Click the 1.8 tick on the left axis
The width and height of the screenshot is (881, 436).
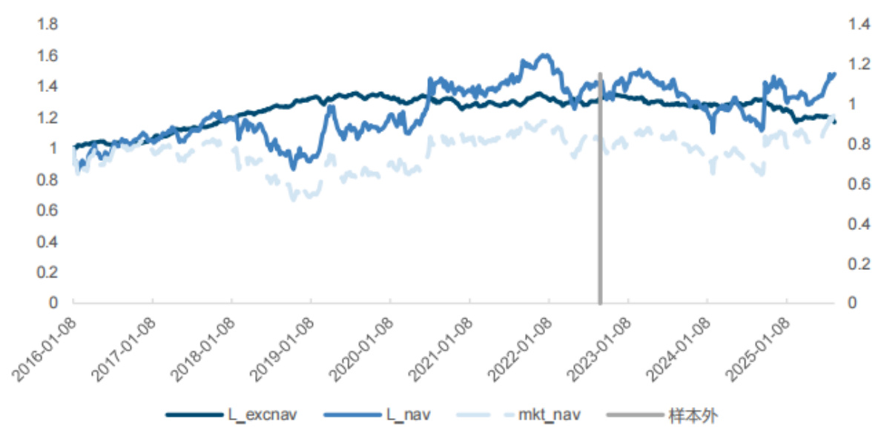pyautogui.click(x=47, y=24)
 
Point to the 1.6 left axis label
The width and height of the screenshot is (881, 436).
pyautogui.click(x=47, y=56)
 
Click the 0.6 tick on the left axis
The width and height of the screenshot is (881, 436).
pyautogui.click(x=47, y=211)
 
